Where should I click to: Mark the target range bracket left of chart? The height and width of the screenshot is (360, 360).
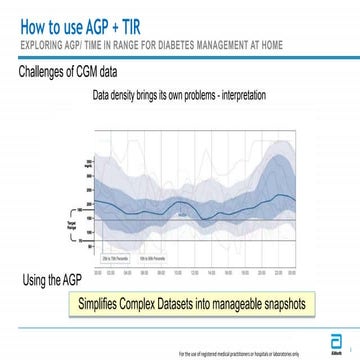71,214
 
